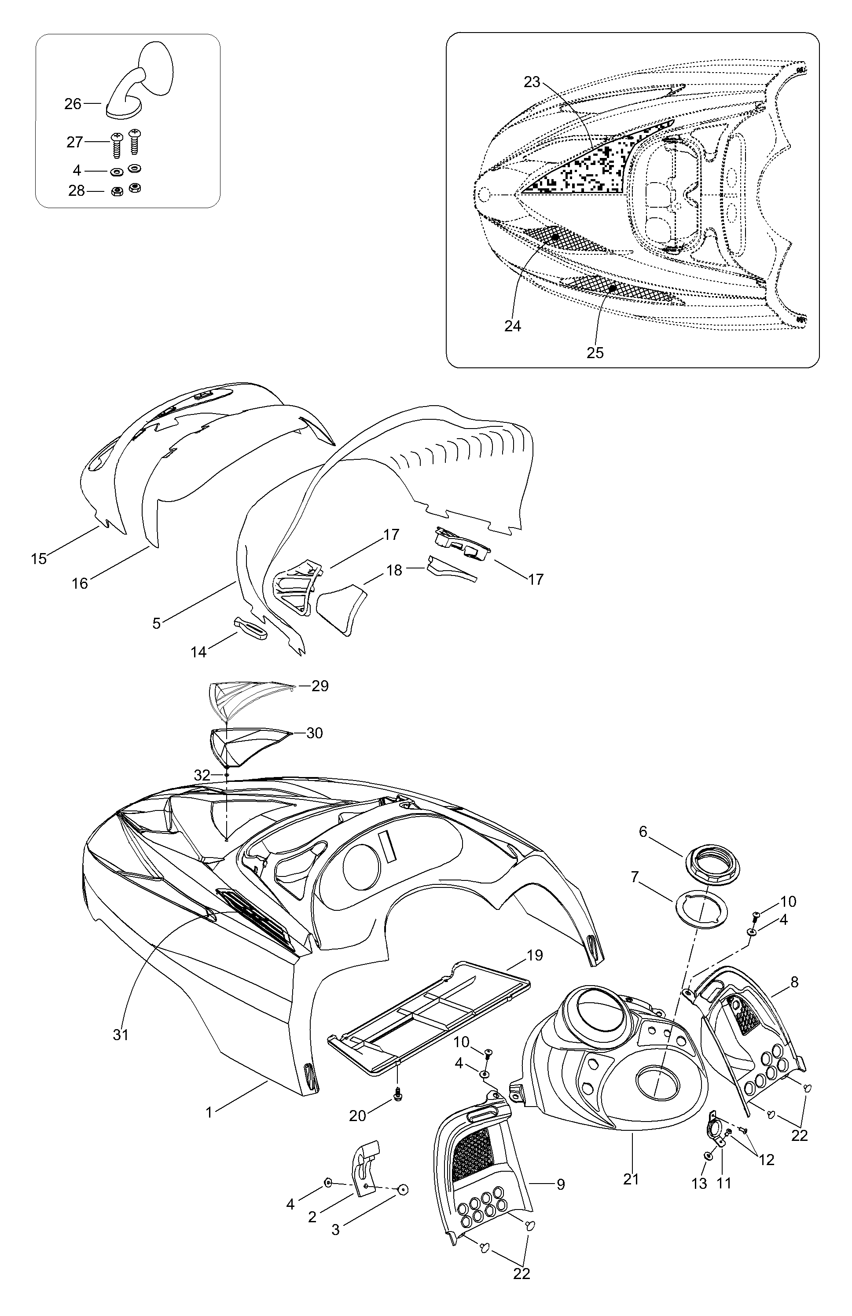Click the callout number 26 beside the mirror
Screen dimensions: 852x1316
click(x=73, y=103)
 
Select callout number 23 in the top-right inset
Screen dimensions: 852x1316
click(x=532, y=82)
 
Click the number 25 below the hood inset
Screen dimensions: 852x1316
click(x=595, y=352)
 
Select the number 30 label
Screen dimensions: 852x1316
click(x=315, y=733)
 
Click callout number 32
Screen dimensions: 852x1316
click(x=202, y=775)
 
